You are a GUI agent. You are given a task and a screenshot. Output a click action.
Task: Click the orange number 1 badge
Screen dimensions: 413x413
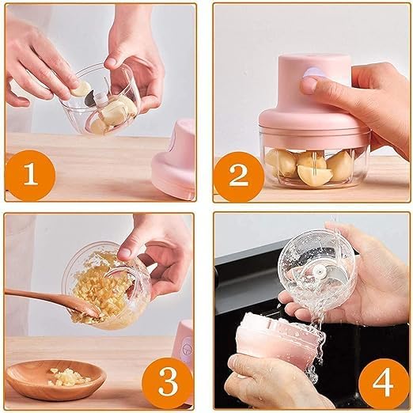[x=31, y=173]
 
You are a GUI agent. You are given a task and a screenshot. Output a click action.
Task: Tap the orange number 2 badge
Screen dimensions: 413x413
[x=238, y=173]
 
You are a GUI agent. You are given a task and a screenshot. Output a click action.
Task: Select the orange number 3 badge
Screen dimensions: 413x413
[x=168, y=381]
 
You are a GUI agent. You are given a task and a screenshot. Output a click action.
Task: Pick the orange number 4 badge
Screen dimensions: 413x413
[x=382, y=381]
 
